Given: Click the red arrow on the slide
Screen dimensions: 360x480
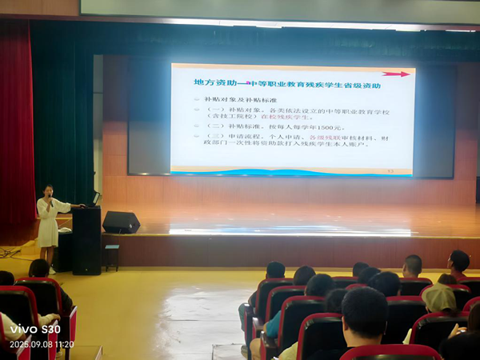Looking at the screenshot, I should [x=395, y=74].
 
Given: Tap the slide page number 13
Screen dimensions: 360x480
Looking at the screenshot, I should [x=390, y=170].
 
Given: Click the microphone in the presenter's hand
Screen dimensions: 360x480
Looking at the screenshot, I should [x=52, y=200].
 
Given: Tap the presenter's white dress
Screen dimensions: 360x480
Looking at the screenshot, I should [x=48, y=224].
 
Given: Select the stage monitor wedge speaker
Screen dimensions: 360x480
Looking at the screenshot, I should [x=121, y=222].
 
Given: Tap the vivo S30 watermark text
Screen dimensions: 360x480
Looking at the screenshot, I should [x=34, y=329].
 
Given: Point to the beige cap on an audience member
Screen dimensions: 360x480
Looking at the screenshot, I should [x=438, y=298].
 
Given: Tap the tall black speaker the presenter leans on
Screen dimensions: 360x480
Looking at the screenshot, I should [x=86, y=240].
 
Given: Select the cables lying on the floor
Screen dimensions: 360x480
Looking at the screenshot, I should [x=10, y=252].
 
